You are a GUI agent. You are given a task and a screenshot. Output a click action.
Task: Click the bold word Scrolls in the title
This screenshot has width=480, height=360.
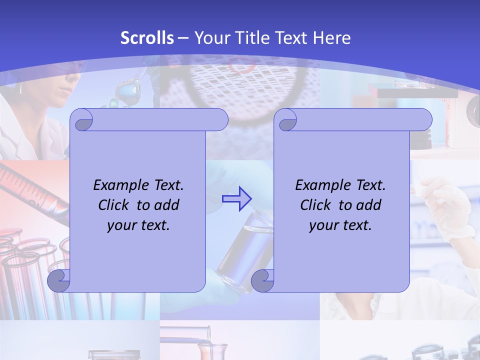coord(147,38)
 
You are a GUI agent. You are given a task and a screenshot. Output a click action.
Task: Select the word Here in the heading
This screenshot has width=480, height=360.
coord(331,38)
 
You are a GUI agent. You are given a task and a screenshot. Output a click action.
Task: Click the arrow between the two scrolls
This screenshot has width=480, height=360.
coord(236,198)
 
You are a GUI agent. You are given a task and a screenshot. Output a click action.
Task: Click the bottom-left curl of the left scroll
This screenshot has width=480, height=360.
coord(58,281)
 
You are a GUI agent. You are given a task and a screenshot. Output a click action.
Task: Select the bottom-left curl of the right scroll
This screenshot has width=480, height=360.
coord(262,281)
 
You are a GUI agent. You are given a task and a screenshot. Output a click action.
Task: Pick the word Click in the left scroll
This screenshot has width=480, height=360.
coord(115,205)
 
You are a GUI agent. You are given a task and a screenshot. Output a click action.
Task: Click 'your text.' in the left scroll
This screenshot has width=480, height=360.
coord(138,225)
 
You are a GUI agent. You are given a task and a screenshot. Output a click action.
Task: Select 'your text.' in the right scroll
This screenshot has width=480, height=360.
coord(340,225)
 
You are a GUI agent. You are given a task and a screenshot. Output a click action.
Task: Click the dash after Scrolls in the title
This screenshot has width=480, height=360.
coord(183,38)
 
